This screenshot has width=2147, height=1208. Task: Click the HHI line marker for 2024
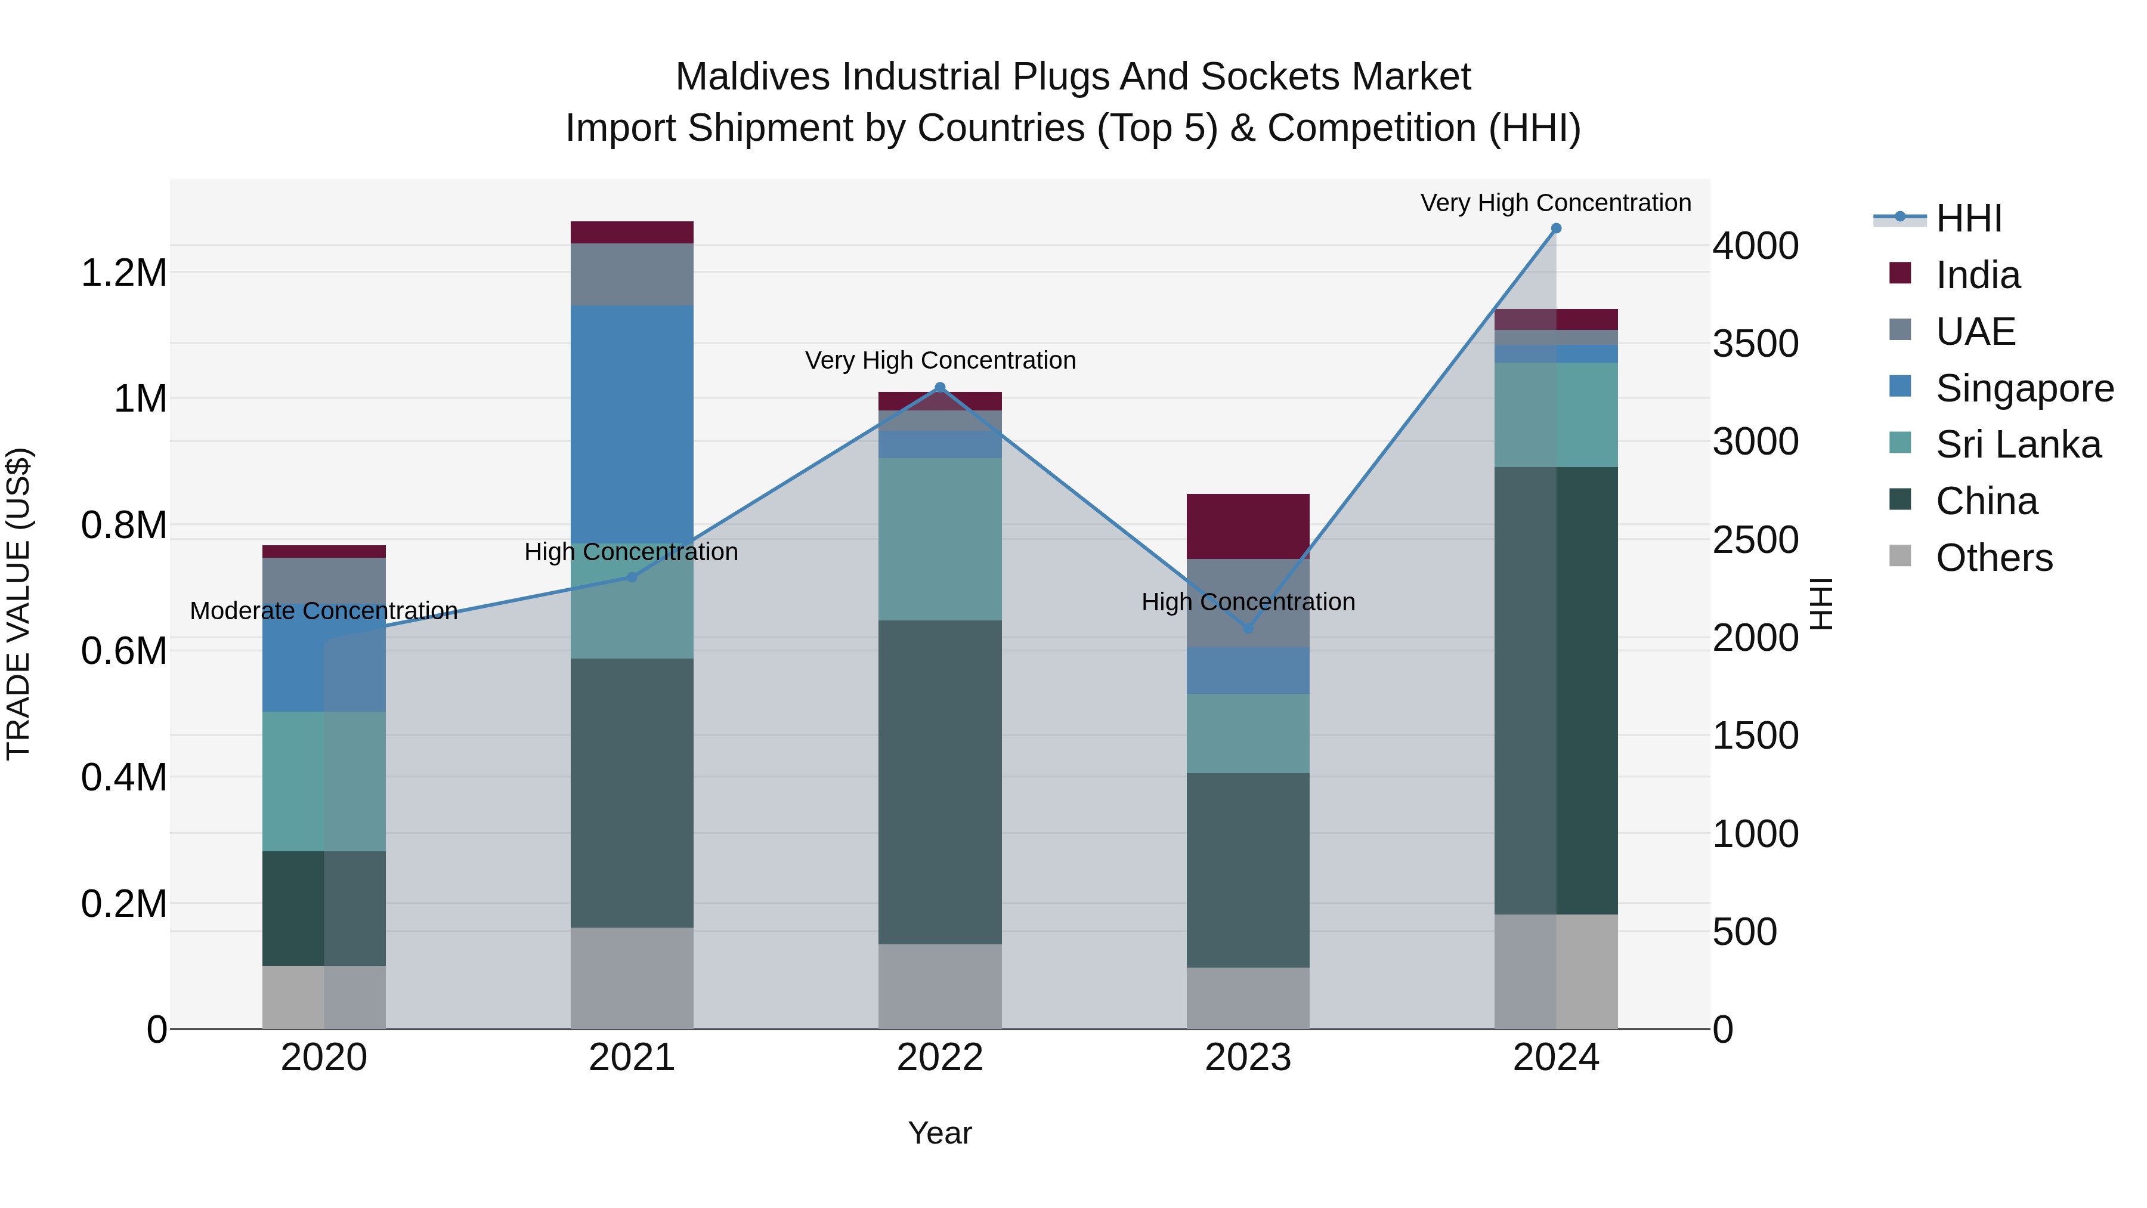pyautogui.click(x=1555, y=228)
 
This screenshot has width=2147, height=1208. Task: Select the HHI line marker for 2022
pyautogui.click(x=940, y=388)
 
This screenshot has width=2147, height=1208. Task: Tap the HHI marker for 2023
pyautogui.click(x=1248, y=628)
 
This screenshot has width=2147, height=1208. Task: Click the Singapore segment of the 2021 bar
pyautogui.click(x=632, y=424)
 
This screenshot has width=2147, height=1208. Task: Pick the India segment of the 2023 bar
pyautogui.click(x=1248, y=526)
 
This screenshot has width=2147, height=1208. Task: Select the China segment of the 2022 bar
pyautogui.click(x=940, y=782)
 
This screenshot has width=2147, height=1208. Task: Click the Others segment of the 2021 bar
pyautogui.click(x=632, y=977)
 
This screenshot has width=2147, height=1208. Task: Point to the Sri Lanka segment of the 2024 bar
pyautogui.click(x=1555, y=415)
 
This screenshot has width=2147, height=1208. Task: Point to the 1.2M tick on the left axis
pyautogui.click(x=123, y=273)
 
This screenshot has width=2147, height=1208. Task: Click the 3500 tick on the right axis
pyautogui.click(x=1755, y=344)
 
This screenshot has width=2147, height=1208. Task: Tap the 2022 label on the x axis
pyautogui.click(x=939, y=1057)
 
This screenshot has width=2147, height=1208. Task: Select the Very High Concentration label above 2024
pyautogui.click(x=1555, y=203)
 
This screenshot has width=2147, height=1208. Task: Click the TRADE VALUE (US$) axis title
pyautogui.click(x=18, y=604)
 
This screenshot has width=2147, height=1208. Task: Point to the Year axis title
pyautogui.click(x=939, y=1133)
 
